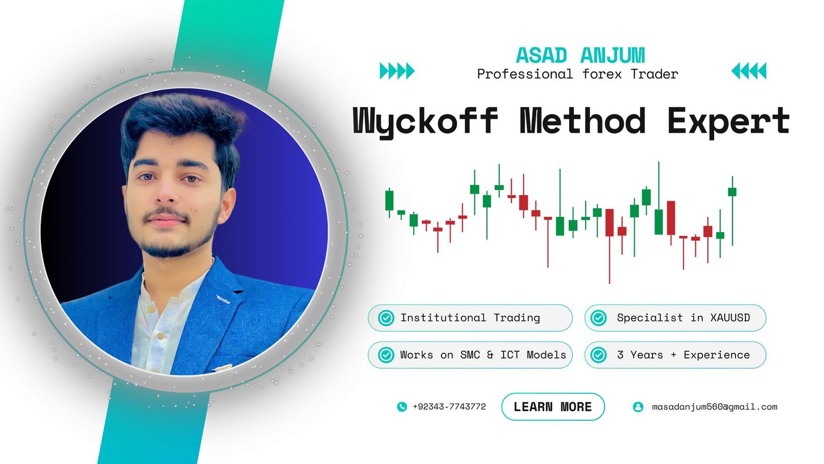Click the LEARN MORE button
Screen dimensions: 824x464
click(553, 407)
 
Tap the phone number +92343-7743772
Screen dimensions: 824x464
click(449, 407)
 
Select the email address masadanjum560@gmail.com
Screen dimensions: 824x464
click(714, 407)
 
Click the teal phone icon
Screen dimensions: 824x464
click(402, 407)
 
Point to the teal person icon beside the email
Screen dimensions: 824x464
click(638, 407)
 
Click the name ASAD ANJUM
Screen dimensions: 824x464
click(580, 55)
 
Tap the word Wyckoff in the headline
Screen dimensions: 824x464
click(425, 121)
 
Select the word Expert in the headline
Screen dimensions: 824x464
click(728, 121)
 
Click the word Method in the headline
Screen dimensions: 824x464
click(582, 120)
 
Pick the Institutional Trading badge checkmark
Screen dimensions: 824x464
click(386, 318)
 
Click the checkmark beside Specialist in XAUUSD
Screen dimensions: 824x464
click(598, 318)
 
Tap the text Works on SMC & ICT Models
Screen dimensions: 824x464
click(483, 355)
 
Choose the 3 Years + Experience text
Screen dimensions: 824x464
click(683, 355)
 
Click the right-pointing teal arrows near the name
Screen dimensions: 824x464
click(397, 71)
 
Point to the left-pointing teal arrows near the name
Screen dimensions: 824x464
click(749, 71)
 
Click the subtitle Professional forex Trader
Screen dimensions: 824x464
click(577, 74)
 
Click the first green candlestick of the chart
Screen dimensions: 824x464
click(389, 202)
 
